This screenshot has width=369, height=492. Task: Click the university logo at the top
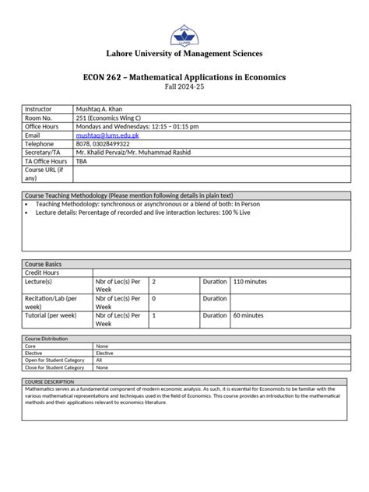[x=184, y=35]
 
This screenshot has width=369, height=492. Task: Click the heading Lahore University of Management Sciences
[x=184, y=54]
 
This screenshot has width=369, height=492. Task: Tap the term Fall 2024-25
[x=184, y=89]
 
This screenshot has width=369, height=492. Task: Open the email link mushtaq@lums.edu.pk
[x=108, y=135]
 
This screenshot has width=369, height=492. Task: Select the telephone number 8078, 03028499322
[x=108, y=143]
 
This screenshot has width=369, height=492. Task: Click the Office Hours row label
[x=44, y=126]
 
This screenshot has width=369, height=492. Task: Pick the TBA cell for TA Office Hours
[x=82, y=160]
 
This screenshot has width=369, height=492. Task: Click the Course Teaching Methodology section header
[x=128, y=195]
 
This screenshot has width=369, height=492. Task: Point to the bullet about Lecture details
[x=141, y=212]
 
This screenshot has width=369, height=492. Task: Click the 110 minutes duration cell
[x=249, y=281]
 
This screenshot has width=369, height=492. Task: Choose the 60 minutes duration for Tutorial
[x=248, y=315]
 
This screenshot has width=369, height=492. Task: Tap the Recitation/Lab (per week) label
[x=51, y=302]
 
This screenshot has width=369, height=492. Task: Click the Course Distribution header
[x=46, y=339]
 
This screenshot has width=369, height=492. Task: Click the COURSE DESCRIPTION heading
[x=50, y=381]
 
